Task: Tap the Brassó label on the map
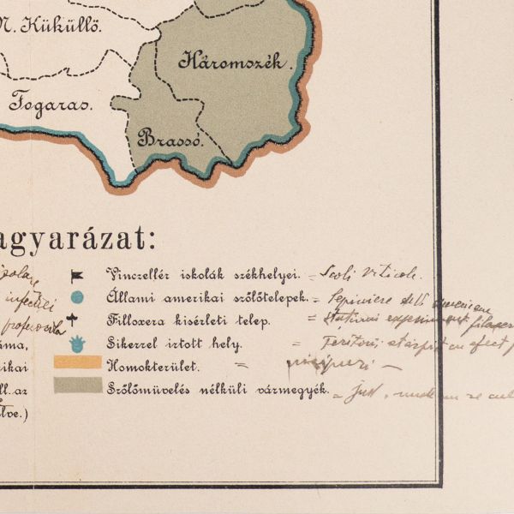[170, 137]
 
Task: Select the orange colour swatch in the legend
[77, 363]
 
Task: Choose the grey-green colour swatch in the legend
[77, 385]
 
